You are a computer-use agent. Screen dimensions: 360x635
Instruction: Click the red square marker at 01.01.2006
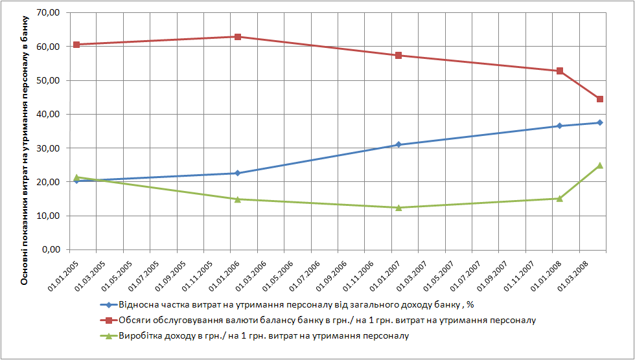(238, 37)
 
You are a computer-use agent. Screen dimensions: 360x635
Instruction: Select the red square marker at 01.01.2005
(76, 45)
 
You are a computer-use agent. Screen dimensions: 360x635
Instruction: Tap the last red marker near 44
(600, 99)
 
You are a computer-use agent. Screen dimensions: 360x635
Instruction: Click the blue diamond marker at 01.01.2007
(398, 144)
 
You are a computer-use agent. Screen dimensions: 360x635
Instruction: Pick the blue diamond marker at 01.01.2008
(560, 126)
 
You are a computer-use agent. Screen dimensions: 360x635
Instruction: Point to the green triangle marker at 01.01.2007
(398, 207)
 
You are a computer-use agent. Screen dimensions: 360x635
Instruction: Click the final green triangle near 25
(600, 165)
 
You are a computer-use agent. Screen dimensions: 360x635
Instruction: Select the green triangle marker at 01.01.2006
(238, 199)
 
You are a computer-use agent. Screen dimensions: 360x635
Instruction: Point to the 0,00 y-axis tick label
(52, 250)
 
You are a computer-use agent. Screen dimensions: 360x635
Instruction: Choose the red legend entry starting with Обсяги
(327, 321)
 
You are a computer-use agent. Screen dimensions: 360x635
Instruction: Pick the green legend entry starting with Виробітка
(264, 336)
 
